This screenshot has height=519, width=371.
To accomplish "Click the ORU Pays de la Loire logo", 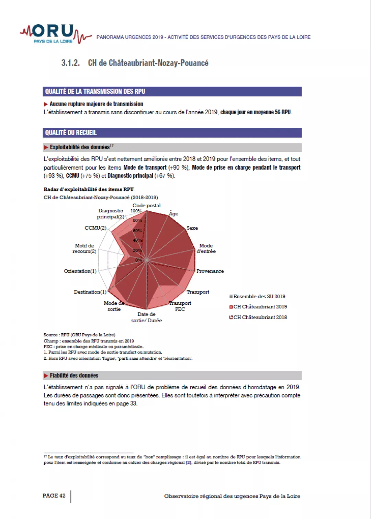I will point(55,34).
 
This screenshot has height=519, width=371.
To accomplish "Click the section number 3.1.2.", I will point(70,63).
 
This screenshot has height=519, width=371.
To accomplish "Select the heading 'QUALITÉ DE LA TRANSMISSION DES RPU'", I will point(95,91).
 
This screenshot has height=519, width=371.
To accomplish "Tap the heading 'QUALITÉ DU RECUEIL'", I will point(71,132).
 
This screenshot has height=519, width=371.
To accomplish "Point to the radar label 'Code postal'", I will point(146,205).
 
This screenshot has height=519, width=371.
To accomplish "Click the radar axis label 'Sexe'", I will point(192,228).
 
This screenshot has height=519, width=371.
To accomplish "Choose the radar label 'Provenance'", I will point(210,271).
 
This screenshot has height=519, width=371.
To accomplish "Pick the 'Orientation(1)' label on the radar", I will point(80,271).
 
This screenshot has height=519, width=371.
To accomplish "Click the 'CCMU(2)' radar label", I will point(95,228).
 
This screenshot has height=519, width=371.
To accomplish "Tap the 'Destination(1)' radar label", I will point(90,292).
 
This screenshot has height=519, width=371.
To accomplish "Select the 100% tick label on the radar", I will point(136,211).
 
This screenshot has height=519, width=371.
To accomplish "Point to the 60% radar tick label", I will point(137,231).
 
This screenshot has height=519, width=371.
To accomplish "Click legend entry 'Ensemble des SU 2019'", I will point(259,296).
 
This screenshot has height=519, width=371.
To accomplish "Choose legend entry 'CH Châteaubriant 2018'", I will point(260,317).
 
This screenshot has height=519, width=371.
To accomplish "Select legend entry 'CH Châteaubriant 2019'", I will point(260,307).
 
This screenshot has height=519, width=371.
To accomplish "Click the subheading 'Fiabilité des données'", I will point(74,375).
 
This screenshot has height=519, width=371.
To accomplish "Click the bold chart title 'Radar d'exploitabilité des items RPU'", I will point(89,189).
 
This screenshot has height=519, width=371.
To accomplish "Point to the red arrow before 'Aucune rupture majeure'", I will point(46,104).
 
